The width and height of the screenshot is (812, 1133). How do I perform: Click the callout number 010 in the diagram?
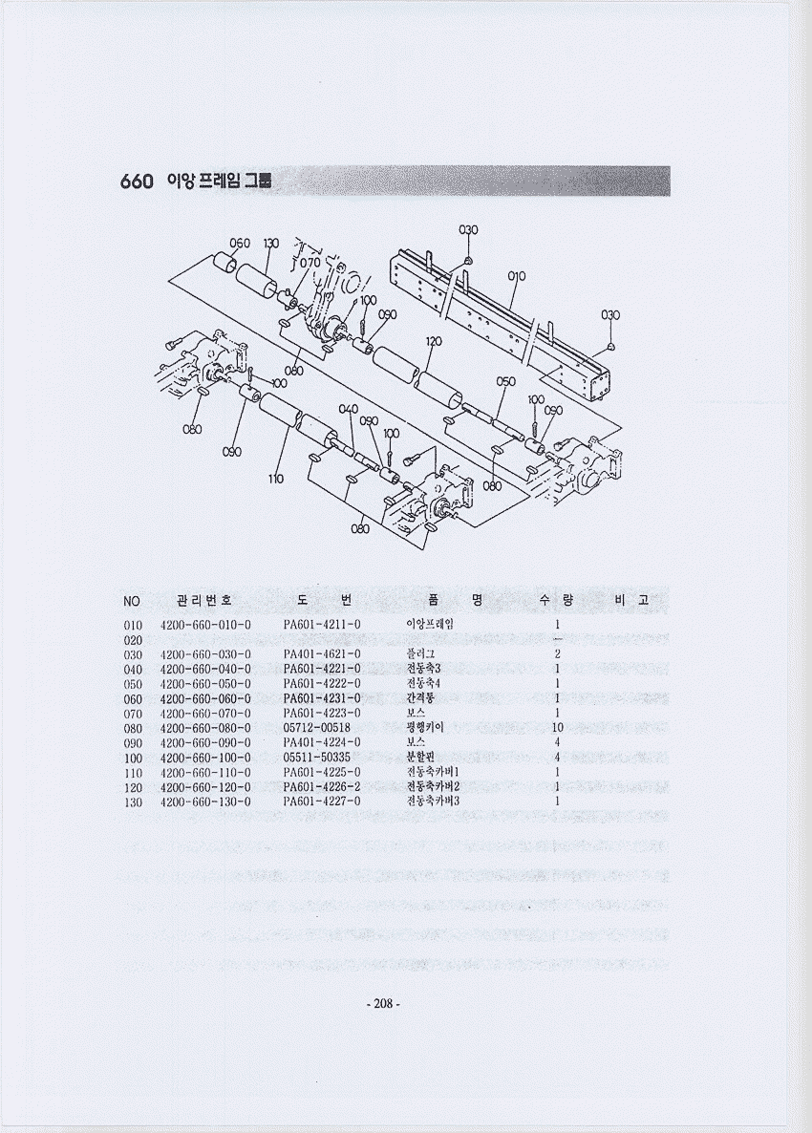(x=517, y=276)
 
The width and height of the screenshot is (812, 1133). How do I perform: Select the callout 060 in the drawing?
(x=240, y=243)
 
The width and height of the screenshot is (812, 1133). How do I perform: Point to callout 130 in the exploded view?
(x=270, y=243)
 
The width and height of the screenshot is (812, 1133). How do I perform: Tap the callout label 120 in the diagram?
(x=434, y=341)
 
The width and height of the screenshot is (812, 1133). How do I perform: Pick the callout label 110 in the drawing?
(x=276, y=479)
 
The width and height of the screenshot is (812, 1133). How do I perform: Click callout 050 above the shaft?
(x=506, y=381)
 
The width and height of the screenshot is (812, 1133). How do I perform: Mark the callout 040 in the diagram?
(x=348, y=409)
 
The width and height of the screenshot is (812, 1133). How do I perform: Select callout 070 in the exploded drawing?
(x=310, y=262)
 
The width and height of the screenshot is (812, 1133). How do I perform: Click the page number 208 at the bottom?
(x=382, y=1003)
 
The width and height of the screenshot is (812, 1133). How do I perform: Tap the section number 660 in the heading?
(x=137, y=182)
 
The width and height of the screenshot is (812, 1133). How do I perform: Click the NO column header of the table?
(x=131, y=601)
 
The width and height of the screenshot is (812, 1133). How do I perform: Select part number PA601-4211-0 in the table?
(x=322, y=624)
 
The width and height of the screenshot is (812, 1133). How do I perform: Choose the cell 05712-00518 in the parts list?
(x=316, y=728)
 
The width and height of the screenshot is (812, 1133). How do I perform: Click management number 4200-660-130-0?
(x=205, y=802)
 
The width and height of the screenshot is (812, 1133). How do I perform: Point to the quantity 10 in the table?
(x=557, y=728)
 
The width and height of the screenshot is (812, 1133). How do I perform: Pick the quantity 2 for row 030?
(x=557, y=653)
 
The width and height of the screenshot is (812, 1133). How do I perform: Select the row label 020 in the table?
(x=133, y=639)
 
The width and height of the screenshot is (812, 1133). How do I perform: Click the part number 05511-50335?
(x=316, y=758)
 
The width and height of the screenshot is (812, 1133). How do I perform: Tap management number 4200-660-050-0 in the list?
(x=205, y=683)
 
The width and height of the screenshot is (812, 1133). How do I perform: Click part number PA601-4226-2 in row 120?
(x=322, y=787)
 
